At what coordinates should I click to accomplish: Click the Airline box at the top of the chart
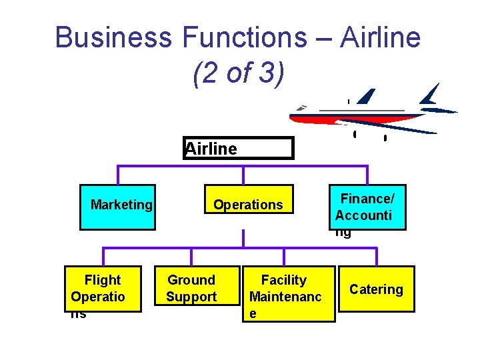tap(239, 148)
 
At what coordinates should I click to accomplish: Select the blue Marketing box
tap(118, 207)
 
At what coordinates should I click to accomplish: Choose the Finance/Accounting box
tap(367, 207)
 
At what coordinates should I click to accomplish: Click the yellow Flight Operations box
tap(103, 289)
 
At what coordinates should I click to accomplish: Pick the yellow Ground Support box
tap(191, 289)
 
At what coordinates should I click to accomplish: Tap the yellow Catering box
tap(377, 289)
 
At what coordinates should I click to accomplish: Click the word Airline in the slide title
tap(380, 37)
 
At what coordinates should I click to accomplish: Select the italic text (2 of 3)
tap(238, 73)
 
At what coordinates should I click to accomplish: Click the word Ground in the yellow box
tap(191, 280)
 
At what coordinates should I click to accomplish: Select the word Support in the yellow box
tap(191, 297)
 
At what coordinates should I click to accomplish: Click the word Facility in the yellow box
tap(284, 280)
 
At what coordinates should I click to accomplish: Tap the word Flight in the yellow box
tap(103, 280)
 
